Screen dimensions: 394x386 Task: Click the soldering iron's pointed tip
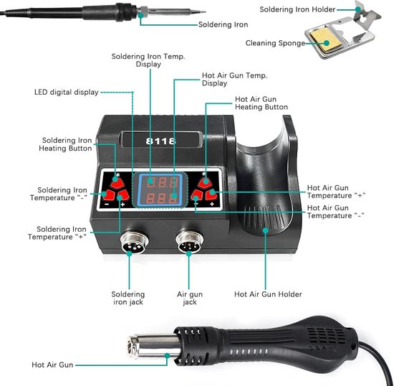[x=206, y=11]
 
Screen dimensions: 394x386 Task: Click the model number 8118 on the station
[x=160, y=141]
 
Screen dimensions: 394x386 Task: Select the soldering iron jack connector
[x=135, y=242]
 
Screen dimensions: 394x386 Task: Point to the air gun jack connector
[x=190, y=242]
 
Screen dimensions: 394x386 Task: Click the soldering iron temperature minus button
[x=108, y=194]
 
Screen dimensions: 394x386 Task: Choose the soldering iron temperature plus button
[x=123, y=195]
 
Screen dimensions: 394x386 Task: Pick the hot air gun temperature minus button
[x=197, y=195]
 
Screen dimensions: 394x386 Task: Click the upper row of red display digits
[x=163, y=182]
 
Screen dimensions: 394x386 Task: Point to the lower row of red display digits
[x=163, y=198]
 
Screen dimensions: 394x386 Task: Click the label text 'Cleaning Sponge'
[x=275, y=43]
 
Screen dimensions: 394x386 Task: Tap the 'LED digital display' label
[x=67, y=92]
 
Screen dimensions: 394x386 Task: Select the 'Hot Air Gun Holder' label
[x=268, y=294]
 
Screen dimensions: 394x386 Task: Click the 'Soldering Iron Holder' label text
[x=297, y=9]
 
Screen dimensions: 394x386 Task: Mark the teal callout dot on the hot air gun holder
[x=266, y=230]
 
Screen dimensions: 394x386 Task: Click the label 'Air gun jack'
[x=190, y=298]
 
